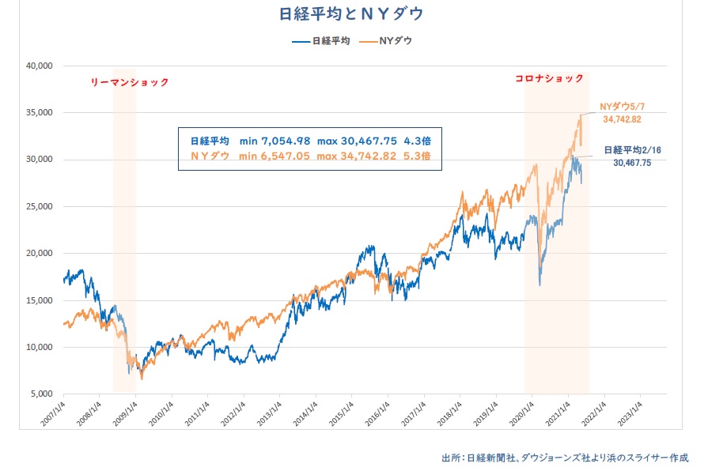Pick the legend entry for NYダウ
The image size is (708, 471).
tap(388, 40)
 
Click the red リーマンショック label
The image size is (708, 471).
tap(130, 82)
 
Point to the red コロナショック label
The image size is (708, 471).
tap(549, 78)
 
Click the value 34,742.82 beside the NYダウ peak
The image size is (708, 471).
tap(621, 119)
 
